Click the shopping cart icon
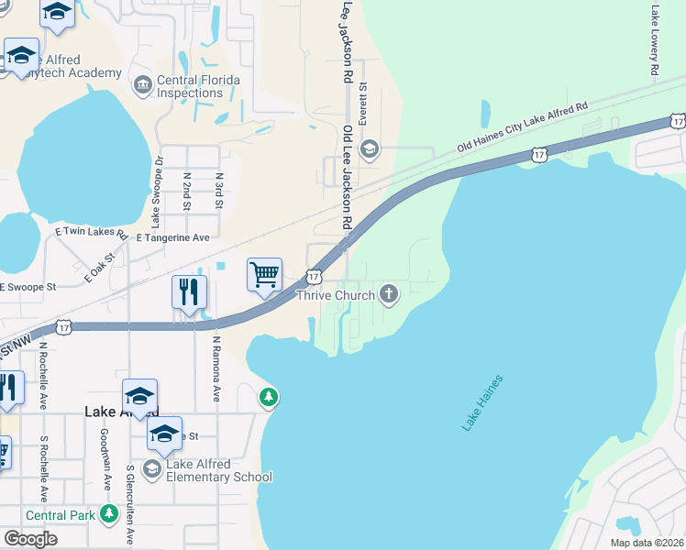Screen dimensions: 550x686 click(264, 273)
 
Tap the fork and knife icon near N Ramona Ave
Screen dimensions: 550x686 click(189, 292)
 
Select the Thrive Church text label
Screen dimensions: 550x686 click(337, 295)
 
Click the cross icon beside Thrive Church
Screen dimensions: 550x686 click(389, 294)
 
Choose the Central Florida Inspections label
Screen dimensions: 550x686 click(198, 86)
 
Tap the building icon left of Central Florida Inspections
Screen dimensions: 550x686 click(142, 86)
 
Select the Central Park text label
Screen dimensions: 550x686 click(61, 515)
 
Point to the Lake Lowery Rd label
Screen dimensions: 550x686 click(655, 41)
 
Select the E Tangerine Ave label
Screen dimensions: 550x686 click(172, 236)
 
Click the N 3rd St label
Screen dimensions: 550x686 click(219, 191)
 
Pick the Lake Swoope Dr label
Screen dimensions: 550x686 click(158, 192)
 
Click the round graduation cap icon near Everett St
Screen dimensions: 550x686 click(370, 148)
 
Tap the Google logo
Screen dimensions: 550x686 click(30, 539)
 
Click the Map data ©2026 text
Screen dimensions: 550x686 click(646, 543)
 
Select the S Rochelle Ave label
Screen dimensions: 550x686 click(43, 463)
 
